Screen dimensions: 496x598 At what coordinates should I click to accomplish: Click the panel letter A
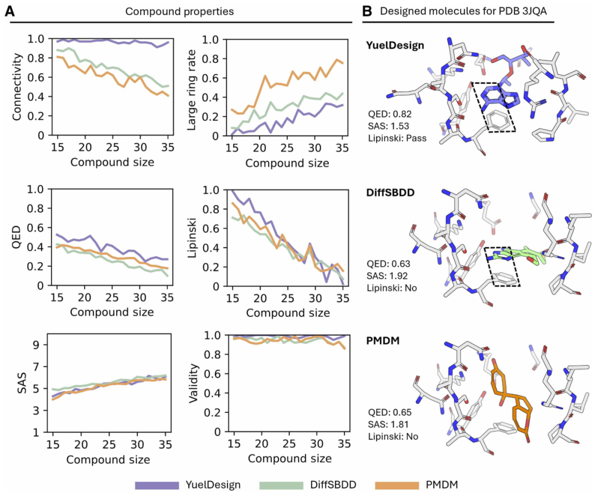pyautogui.click(x=9, y=11)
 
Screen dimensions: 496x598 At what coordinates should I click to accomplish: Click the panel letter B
pyautogui.click(x=367, y=11)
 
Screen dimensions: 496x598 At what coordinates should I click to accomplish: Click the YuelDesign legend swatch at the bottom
pyautogui.click(x=157, y=485)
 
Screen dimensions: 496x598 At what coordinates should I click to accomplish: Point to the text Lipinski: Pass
pyautogui.click(x=396, y=138)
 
